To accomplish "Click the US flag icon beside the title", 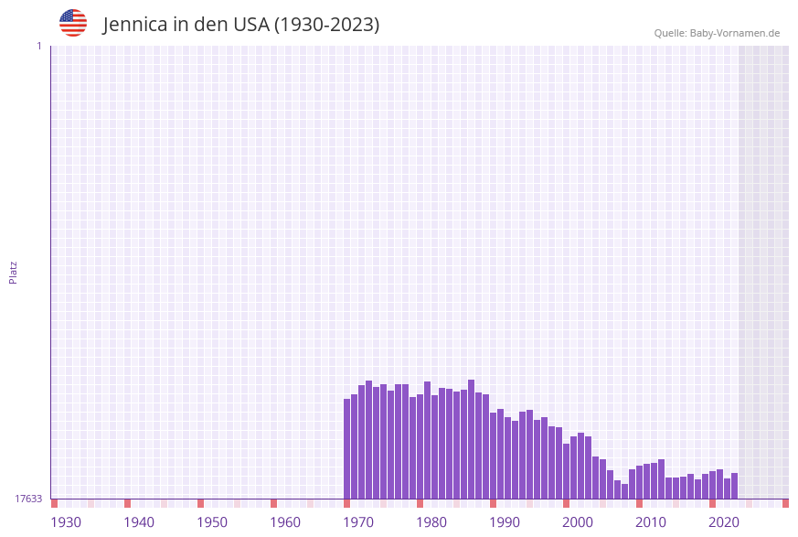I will click(73, 23).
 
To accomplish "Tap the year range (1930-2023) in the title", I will click(326, 25).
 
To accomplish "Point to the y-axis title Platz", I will click(14, 272).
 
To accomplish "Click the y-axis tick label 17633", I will click(28, 499).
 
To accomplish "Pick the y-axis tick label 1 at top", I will click(38, 46).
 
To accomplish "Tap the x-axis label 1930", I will click(66, 521).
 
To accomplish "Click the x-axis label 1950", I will click(212, 521).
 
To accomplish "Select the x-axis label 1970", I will click(358, 521).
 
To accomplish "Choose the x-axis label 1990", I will click(505, 521).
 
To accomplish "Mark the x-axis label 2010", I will click(651, 521).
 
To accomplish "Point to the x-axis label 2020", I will click(724, 521).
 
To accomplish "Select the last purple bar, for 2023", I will click(735, 486).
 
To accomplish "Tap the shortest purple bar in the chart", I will click(625, 491).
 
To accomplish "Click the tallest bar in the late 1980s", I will click(472, 439).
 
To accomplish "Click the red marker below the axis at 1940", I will click(128, 503).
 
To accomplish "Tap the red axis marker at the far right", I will click(785, 503).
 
